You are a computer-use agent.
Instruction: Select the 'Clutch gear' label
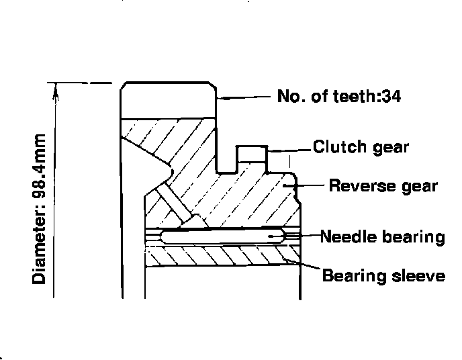(361, 146)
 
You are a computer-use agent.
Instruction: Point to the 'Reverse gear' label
(383, 185)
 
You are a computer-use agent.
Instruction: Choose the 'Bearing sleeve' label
(383, 276)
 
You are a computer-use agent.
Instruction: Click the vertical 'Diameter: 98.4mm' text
(40, 209)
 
